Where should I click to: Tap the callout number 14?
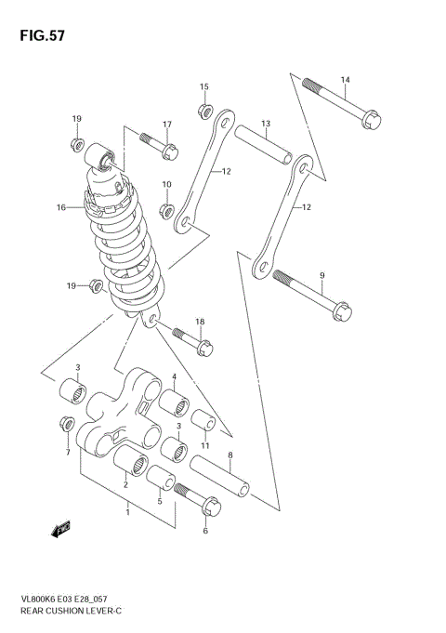345,79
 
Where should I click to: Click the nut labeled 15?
203,112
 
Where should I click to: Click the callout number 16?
60,208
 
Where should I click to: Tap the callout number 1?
127,509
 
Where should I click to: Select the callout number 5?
159,502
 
